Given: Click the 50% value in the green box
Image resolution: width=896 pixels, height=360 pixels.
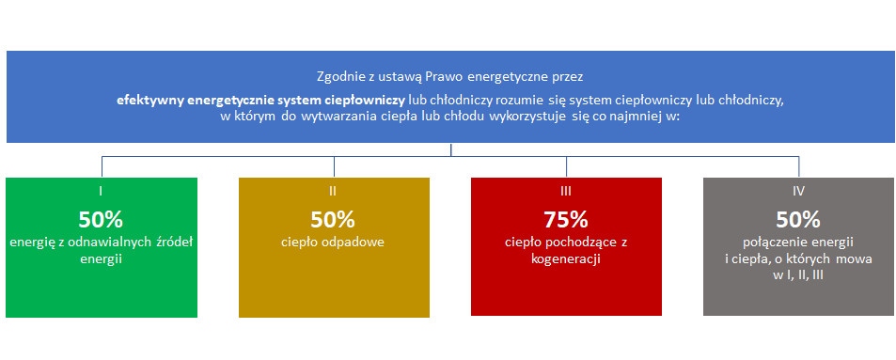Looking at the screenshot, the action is (x=102, y=219).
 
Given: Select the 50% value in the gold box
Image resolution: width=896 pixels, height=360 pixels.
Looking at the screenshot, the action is (x=333, y=219).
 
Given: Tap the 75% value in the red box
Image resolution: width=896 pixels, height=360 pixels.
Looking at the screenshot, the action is (x=566, y=219).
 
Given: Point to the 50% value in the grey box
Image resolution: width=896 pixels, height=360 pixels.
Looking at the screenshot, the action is (x=798, y=219).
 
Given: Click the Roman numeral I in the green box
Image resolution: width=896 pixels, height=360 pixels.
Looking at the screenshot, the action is (x=102, y=191).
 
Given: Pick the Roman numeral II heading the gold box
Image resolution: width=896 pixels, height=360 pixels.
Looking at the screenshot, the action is (x=333, y=191).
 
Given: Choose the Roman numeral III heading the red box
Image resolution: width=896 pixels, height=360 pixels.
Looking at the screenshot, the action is (x=566, y=191).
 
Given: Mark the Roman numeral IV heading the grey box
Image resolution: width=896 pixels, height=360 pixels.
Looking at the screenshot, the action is (x=798, y=191).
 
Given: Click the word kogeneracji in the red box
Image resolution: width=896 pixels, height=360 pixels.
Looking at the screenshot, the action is (x=566, y=258).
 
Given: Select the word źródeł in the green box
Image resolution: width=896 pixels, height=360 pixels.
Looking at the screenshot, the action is (x=174, y=242).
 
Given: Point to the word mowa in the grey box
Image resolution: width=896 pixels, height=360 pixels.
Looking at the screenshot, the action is (x=857, y=258).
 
